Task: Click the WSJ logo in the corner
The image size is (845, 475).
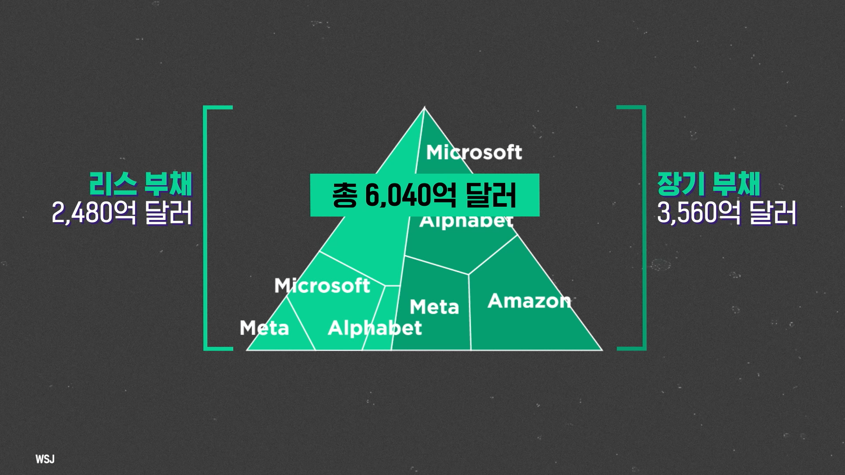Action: click(x=45, y=459)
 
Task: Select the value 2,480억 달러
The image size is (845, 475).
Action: click(x=122, y=213)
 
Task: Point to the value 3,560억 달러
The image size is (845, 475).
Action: click(x=727, y=213)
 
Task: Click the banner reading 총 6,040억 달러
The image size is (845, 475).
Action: click(x=425, y=195)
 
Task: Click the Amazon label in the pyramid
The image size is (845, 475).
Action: click(x=529, y=301)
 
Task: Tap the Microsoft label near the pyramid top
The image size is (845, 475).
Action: click(x=474, y=152)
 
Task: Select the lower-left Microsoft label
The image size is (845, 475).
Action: click(x=322, y=286)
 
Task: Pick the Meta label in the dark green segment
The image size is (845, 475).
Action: click(x=434, y=307)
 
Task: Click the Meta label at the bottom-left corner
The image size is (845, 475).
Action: click(x=264, y=328)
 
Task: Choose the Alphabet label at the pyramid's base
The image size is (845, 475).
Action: click(x=375, y=328)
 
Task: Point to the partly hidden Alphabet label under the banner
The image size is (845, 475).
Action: click(x=467, y=221)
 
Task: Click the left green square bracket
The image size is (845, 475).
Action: click(x=206, y=228)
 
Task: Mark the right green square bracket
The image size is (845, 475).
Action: click(x=644, y=228)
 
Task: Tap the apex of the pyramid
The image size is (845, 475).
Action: click(x=425, y=106)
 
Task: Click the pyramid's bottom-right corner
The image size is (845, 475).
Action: click(x=602, y=350)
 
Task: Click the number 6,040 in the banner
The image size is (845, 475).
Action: click(x=397, y=195)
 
